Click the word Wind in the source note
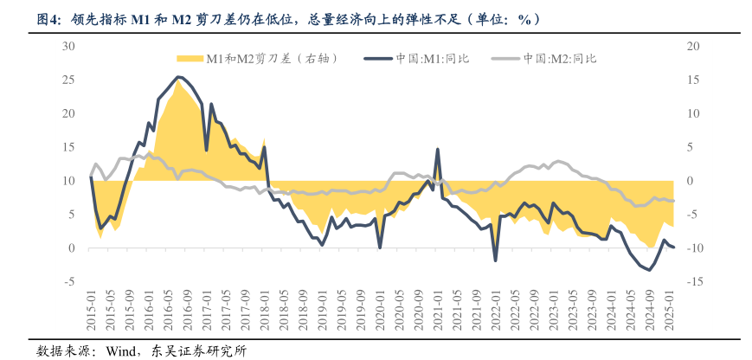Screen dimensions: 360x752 (x=119, y=350)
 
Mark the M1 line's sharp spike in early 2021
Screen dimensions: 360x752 (x=438, y=150)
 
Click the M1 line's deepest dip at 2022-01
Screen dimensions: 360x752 (x=496, y=260)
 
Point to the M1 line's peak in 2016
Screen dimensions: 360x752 (x=178, y=77)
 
